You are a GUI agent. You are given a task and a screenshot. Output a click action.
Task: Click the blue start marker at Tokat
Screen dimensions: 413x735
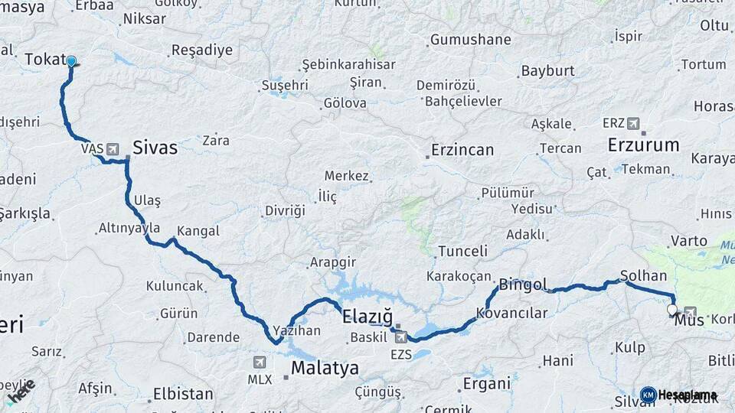pyautogui.click(x=71, y=61)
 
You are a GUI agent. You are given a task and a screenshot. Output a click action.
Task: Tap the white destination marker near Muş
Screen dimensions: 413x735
pyautogui.click(x=672, y=310)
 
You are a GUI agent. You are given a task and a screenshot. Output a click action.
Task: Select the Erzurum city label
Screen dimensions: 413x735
pyautogui.click(x=643, y=145)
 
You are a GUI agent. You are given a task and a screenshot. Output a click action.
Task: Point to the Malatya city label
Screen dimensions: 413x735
pyautogui.click(x=325, y=369)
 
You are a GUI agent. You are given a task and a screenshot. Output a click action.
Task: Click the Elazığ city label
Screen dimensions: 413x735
pyautogui.click(x=366, y=317)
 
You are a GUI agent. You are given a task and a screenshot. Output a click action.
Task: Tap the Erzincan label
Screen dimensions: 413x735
pyautogui.click(x=462, y=150)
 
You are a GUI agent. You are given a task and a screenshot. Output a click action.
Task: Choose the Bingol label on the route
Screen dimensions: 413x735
pyautogui.click(x=523, y=285)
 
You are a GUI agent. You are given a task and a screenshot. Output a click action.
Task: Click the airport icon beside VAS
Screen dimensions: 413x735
pyautogui.click(x=113, y=148)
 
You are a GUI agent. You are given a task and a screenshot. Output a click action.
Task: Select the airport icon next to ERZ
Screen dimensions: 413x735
pyautogui.click(x=632, y=123)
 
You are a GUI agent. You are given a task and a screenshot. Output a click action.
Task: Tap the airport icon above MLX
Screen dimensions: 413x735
pyautogui.click(x=260, y=363)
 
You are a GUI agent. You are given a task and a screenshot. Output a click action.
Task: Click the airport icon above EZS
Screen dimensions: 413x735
pyautogui.click(x=401, y=337)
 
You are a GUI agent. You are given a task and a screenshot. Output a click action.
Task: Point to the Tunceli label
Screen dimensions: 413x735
pyautogui.click(x=462, y=251)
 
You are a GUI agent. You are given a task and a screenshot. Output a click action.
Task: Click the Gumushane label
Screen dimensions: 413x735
pyautogui.click(x=470, y=39)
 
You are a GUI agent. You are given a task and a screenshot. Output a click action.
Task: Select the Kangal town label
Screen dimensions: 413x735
pyautogui.click(x=198, y=231)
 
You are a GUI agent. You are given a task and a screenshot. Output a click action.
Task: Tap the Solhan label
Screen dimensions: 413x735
pyautogui.click(x=643, y=275)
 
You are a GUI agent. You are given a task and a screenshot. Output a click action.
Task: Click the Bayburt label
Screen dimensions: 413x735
pyautogui.click(x=547, y=71)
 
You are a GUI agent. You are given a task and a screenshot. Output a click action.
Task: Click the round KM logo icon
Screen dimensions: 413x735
pyautogui.click(x=648, y=395)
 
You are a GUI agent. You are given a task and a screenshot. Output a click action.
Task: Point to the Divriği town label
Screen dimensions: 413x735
pyautogui.click(x=285, y=210)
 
